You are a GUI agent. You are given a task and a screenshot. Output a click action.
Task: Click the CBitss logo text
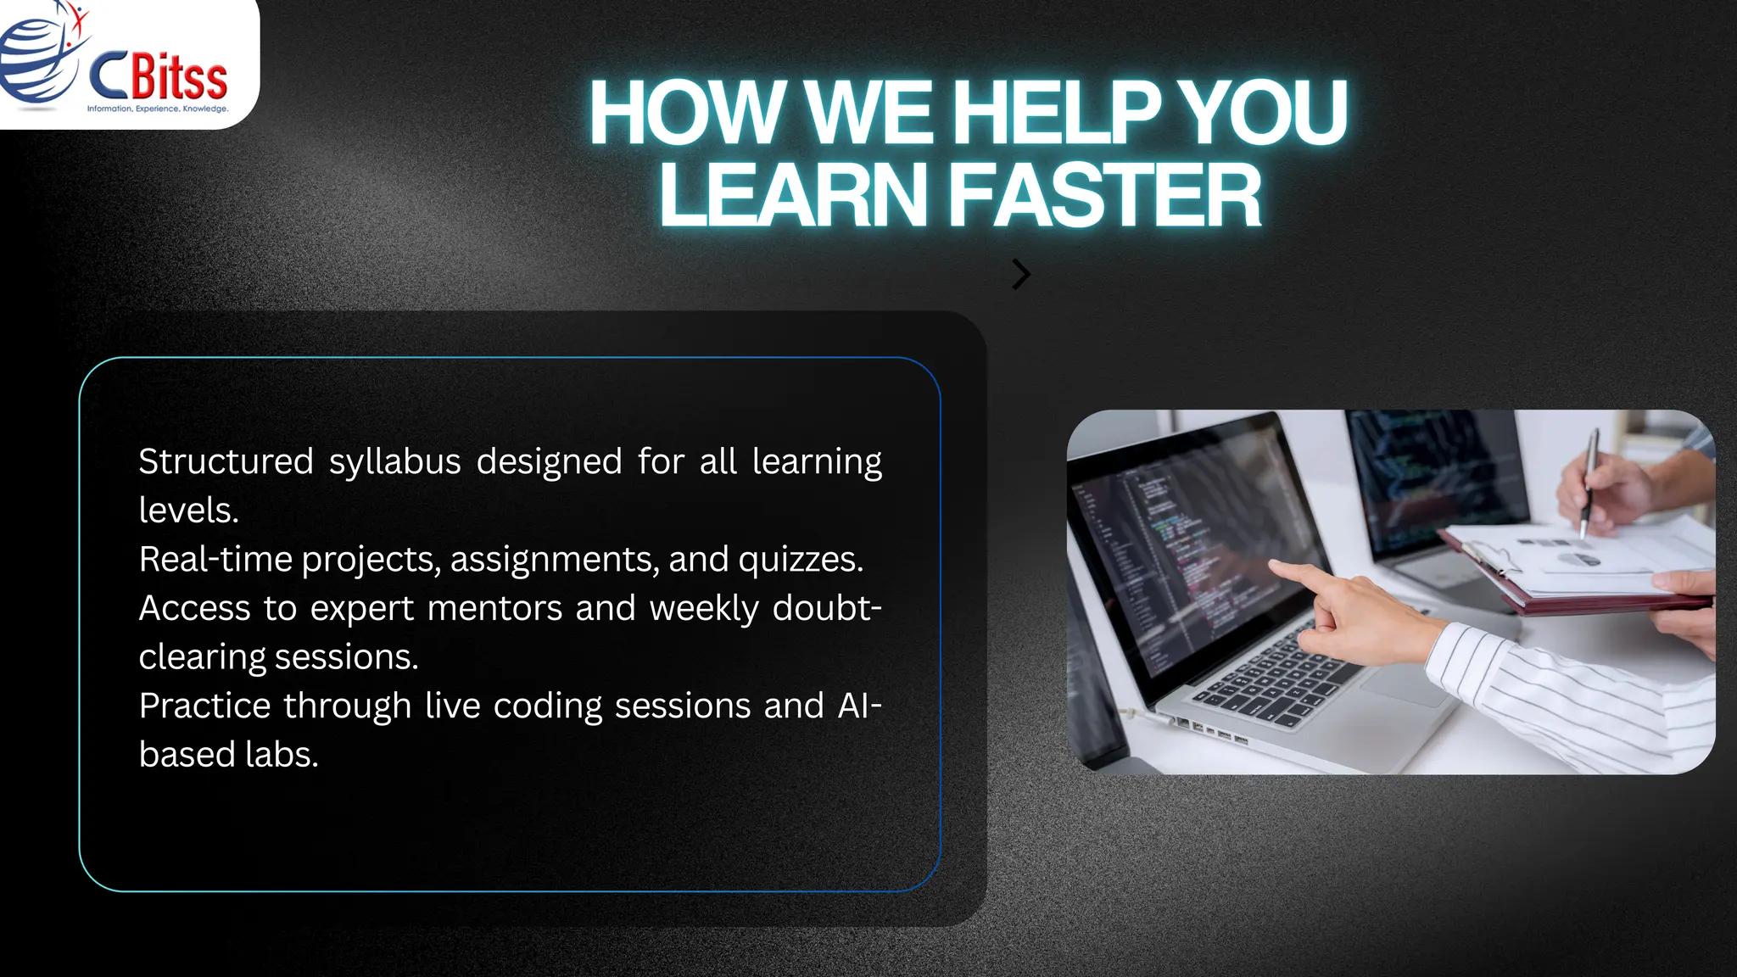point(159,76)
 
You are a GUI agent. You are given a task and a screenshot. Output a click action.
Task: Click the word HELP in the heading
point(1056,113)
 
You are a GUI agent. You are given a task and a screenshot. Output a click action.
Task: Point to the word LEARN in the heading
point(793,196)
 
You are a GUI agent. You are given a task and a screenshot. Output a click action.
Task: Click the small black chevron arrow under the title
point(1021,274)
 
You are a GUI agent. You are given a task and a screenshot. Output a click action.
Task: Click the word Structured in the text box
point(226,462)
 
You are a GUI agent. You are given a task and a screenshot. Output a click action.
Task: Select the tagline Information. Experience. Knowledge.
point(158,109)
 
